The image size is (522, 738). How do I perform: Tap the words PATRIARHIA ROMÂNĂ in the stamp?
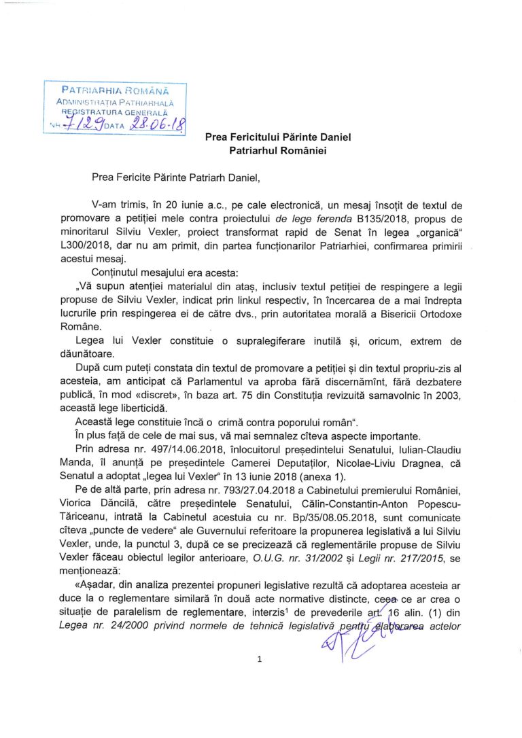pos(114,90)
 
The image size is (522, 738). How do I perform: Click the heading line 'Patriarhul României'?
pos(278,151)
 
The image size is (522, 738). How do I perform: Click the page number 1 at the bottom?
pos(260,658)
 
